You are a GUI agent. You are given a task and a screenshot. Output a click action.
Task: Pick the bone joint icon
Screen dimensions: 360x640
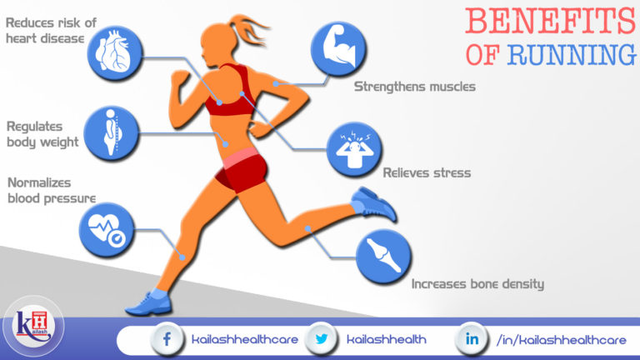tap(384, 255)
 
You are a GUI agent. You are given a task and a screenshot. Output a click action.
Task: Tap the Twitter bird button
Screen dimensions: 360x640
tap(321, 338)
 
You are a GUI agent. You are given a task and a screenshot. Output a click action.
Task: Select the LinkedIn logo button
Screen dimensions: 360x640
tap(472, 338)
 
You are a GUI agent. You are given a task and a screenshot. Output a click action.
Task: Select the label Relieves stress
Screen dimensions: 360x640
tap(427, 173)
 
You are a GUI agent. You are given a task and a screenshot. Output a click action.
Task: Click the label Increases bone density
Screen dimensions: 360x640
tap(477, 283)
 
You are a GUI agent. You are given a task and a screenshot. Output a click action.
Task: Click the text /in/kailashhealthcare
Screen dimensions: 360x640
tap(561, 339)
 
